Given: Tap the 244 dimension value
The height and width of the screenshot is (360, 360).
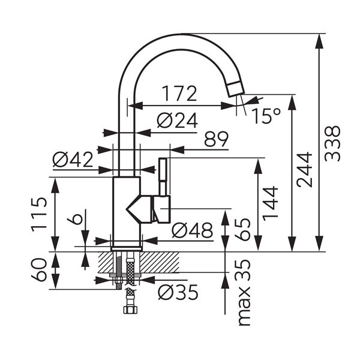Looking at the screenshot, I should (x=305, y=170).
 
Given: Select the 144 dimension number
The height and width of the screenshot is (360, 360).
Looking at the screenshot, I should (x=271, y=203).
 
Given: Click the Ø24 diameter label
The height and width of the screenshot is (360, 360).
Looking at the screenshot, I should (x=177, y=121).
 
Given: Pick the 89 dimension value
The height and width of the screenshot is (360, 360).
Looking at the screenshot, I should (x=216, y=139).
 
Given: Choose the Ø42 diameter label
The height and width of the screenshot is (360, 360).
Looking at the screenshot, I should (x=73, y=160).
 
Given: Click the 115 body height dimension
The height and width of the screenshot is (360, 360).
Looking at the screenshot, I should (x=40, y=214).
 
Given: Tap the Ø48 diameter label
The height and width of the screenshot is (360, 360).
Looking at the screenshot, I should (x=192, y=230).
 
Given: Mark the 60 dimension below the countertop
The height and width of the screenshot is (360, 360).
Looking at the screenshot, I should (x=40, y=271).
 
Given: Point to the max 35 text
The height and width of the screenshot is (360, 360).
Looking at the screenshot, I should (x=243, y=292).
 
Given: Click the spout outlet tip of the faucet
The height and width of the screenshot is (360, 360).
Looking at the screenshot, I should (x=235, y=89).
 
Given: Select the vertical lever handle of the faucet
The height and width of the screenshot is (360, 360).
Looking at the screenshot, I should (x=162, y=175).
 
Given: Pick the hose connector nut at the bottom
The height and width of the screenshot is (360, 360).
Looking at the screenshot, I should (x=128, y=310).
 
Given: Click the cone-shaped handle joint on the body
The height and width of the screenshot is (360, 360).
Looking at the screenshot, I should (x=140, y=209).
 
